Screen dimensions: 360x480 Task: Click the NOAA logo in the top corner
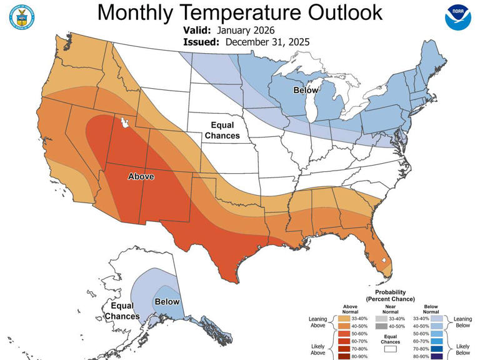pos(459,18)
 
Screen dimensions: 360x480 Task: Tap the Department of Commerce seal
pos(22,17)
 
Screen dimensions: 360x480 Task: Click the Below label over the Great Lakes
pos(306,91)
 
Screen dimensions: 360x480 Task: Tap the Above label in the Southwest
pos(141,176)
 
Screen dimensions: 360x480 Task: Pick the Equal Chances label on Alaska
pos(122,311)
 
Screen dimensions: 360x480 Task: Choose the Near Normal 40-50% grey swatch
pos(381,326)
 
